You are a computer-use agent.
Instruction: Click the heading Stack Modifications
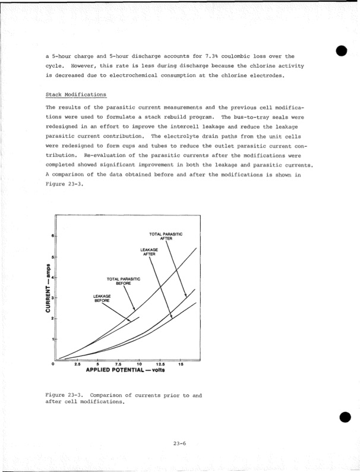coord(76,95)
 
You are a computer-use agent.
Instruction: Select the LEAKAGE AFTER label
coord(149,251)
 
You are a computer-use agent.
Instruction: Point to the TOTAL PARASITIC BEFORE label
coord(123,281)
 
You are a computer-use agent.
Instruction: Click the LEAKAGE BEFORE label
coord(102,298)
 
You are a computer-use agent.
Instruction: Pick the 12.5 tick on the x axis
coord(160,364)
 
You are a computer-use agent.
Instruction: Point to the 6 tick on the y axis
coord(53,237)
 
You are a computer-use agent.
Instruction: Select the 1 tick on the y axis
coord(53,339)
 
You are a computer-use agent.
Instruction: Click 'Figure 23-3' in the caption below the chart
coord(65,395)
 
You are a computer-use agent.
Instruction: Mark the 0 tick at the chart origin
coord(53,364)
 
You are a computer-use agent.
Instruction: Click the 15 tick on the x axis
coord(181,364)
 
